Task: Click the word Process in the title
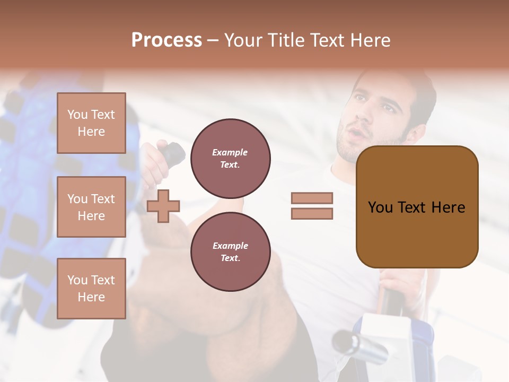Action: [166, 40]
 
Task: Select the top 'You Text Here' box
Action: [91, 123]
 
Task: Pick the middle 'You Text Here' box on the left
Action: [91, 207]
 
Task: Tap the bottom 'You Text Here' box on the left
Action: [91, 288]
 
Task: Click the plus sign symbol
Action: [163, 206]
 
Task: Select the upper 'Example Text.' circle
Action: [230, 159]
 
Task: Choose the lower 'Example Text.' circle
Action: [230, 252]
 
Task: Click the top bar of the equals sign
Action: [312, 198]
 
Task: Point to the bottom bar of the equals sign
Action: [312, 213]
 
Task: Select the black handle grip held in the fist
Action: [173, 154]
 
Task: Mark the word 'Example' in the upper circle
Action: [230, 152]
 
